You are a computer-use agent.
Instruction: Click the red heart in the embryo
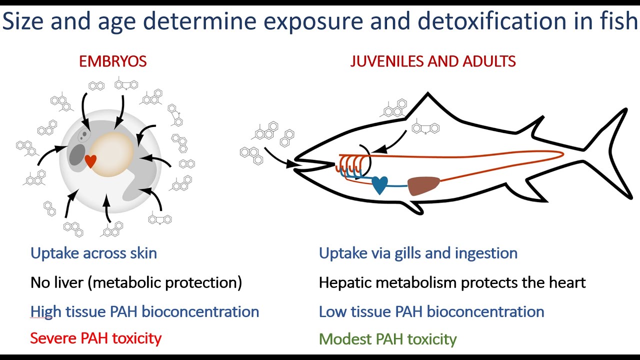click(x=90, y=161)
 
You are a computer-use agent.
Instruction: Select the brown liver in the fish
click(x=423, y=185)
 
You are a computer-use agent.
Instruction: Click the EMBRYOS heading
click(x=113, y=61)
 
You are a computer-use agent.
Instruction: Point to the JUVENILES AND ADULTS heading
click(x=433, y=61)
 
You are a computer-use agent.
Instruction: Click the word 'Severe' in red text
click(x=53, y=338)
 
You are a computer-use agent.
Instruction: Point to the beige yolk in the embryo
click(x=111, y=154)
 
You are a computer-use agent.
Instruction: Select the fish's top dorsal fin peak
click(x=427, y=93)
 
